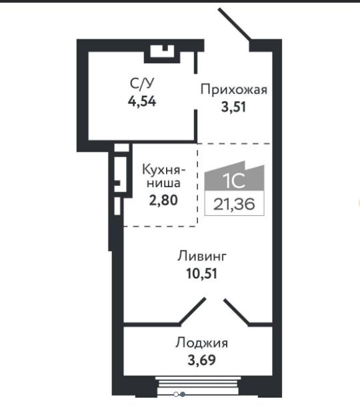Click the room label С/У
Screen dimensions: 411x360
point(143,84)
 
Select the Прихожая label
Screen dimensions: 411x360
point(234,90)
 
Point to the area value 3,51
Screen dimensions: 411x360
point(234,107)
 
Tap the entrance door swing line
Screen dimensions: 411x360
point(235,25)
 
